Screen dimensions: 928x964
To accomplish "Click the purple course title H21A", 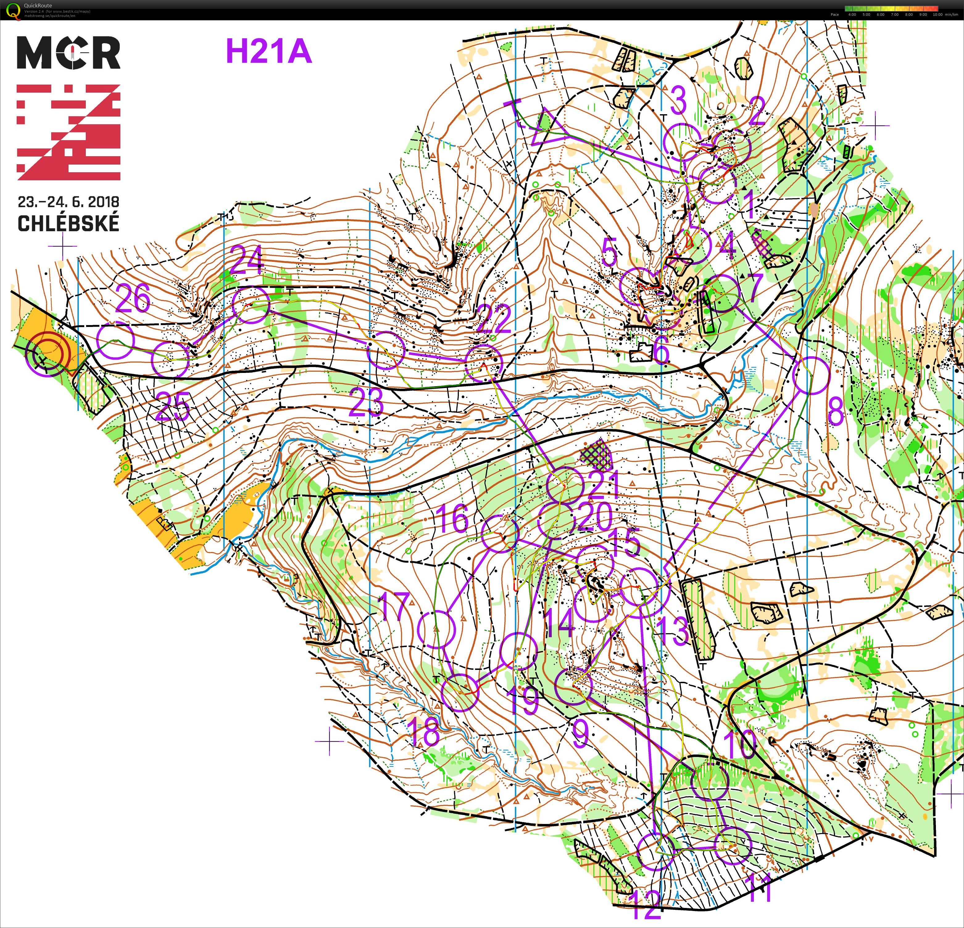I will click(268, 51).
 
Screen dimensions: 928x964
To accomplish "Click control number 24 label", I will click(247, 261).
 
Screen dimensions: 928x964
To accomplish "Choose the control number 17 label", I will click(394, 606).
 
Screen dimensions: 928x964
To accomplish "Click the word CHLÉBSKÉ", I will click(69, 223).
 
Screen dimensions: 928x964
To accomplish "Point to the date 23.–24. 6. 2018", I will click(69, 202).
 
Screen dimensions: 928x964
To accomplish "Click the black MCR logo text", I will click(69, 53).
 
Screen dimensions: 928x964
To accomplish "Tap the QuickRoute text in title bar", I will click(38, 6).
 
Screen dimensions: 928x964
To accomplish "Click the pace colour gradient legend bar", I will click(891, 8).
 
